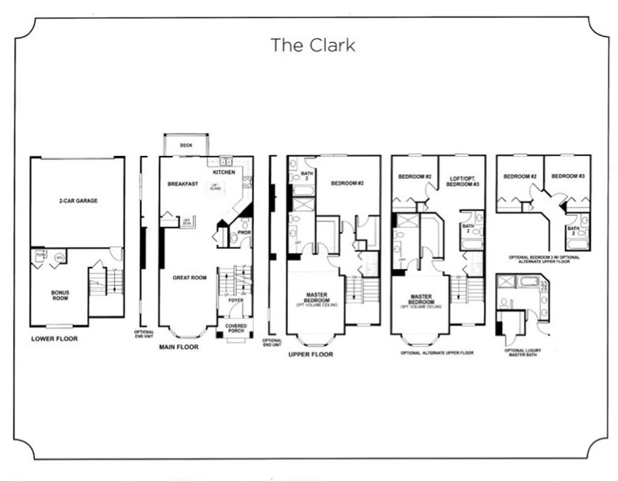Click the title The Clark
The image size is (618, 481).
click(x=313, y=45)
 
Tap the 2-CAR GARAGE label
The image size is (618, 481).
click(x=78, y=201)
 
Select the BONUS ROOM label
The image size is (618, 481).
click(x=60, y=295)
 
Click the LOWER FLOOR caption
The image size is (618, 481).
click(x=54, y=339)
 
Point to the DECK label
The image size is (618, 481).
click(x=186, y=145)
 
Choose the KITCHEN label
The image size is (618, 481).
click(x=224, y=172)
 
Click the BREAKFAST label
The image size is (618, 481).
click(x=183, y=184)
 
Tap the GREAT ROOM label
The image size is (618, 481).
click(x=190, y=277)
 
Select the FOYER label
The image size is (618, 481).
click(x=235, y=300)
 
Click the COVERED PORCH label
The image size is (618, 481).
click(x=235, y=329)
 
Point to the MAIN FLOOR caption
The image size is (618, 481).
click(x=179, y=347)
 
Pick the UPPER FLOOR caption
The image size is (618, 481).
click(x=311, y=355)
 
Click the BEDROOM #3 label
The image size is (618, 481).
click(x=568, y=176)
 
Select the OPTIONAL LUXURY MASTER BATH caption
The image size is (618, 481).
click(x=523, y=353)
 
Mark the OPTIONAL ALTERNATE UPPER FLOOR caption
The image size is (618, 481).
click(x=437, y=353)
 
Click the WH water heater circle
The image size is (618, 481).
click(x=59, y=258)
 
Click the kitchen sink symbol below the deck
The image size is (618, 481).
click(x=226, y=162)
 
